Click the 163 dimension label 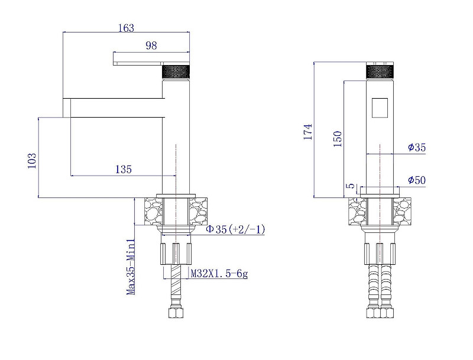126,28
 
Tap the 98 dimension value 151,46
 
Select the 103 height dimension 32,161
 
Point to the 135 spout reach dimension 124,169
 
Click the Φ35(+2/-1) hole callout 235,229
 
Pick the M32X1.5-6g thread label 219,274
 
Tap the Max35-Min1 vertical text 131,267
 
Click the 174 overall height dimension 308,131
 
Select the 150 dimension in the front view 338,139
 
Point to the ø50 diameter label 417,180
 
